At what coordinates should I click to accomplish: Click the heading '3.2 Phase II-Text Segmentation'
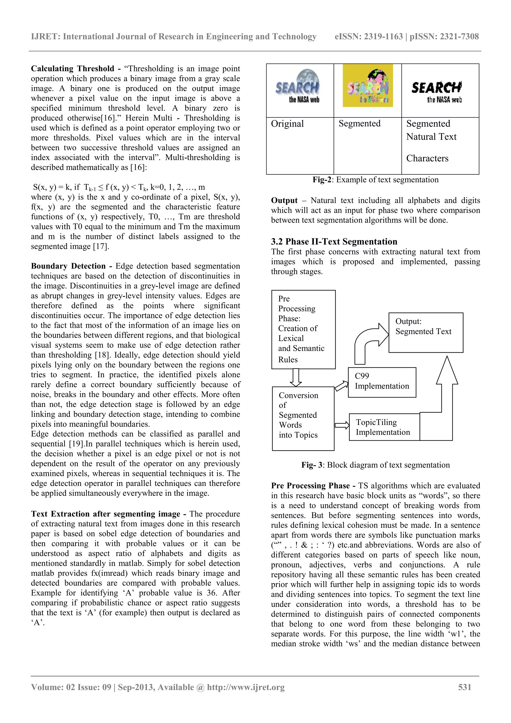[334, 241]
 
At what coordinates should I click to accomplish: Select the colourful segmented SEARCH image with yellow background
[368, 86]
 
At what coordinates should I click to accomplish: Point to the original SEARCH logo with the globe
[298, 87]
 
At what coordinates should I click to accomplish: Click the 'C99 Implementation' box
[382, 382]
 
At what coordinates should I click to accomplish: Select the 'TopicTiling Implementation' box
[384, 427]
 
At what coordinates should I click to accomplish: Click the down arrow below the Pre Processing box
[296, 377]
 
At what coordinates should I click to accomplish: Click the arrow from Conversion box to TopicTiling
[342, 425]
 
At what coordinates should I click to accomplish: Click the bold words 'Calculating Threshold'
[72, 69]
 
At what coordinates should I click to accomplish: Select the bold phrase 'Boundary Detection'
[68, 266]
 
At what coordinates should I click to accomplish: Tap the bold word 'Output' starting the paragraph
[284, 201]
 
